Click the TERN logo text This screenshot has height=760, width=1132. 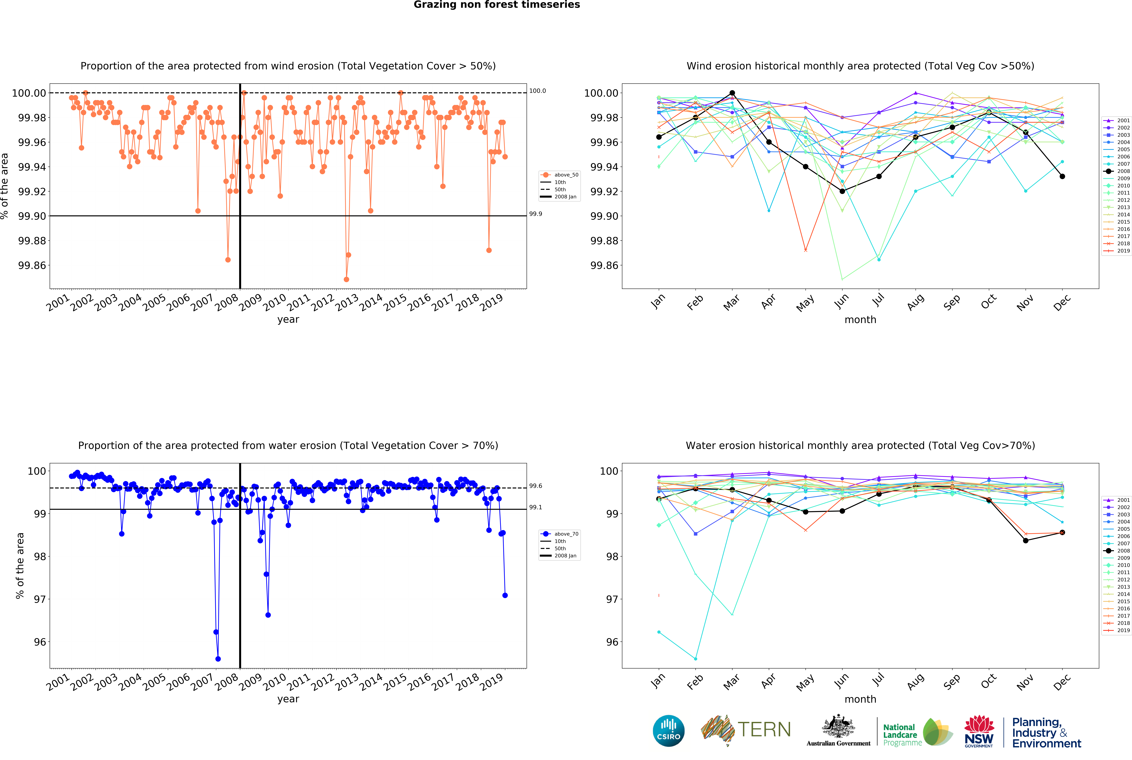tap(764, 729)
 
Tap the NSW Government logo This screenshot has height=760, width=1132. tap(979, 731)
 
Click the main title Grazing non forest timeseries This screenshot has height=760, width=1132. tap(497, 5)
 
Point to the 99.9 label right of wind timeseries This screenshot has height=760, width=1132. tap(535, 214)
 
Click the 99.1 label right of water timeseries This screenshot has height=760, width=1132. tap(535, 507)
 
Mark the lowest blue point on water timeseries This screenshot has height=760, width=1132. tap(218, 659)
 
